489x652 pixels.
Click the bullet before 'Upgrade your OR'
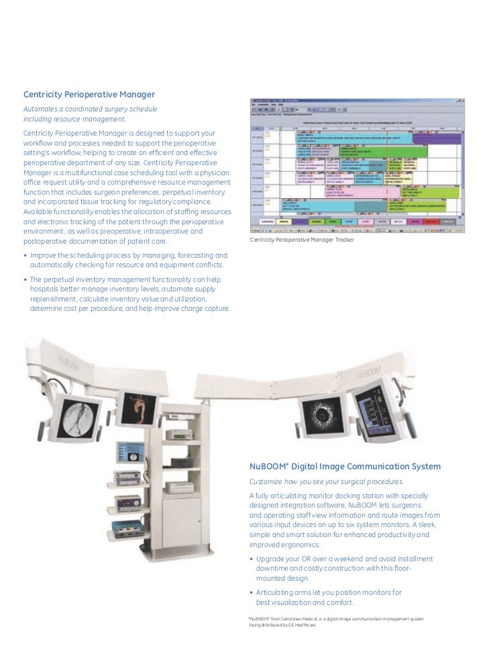(x=251, y=559)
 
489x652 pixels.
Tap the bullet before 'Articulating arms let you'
(x=251, y=593)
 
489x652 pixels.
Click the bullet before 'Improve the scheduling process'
(x=25, y=256)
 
